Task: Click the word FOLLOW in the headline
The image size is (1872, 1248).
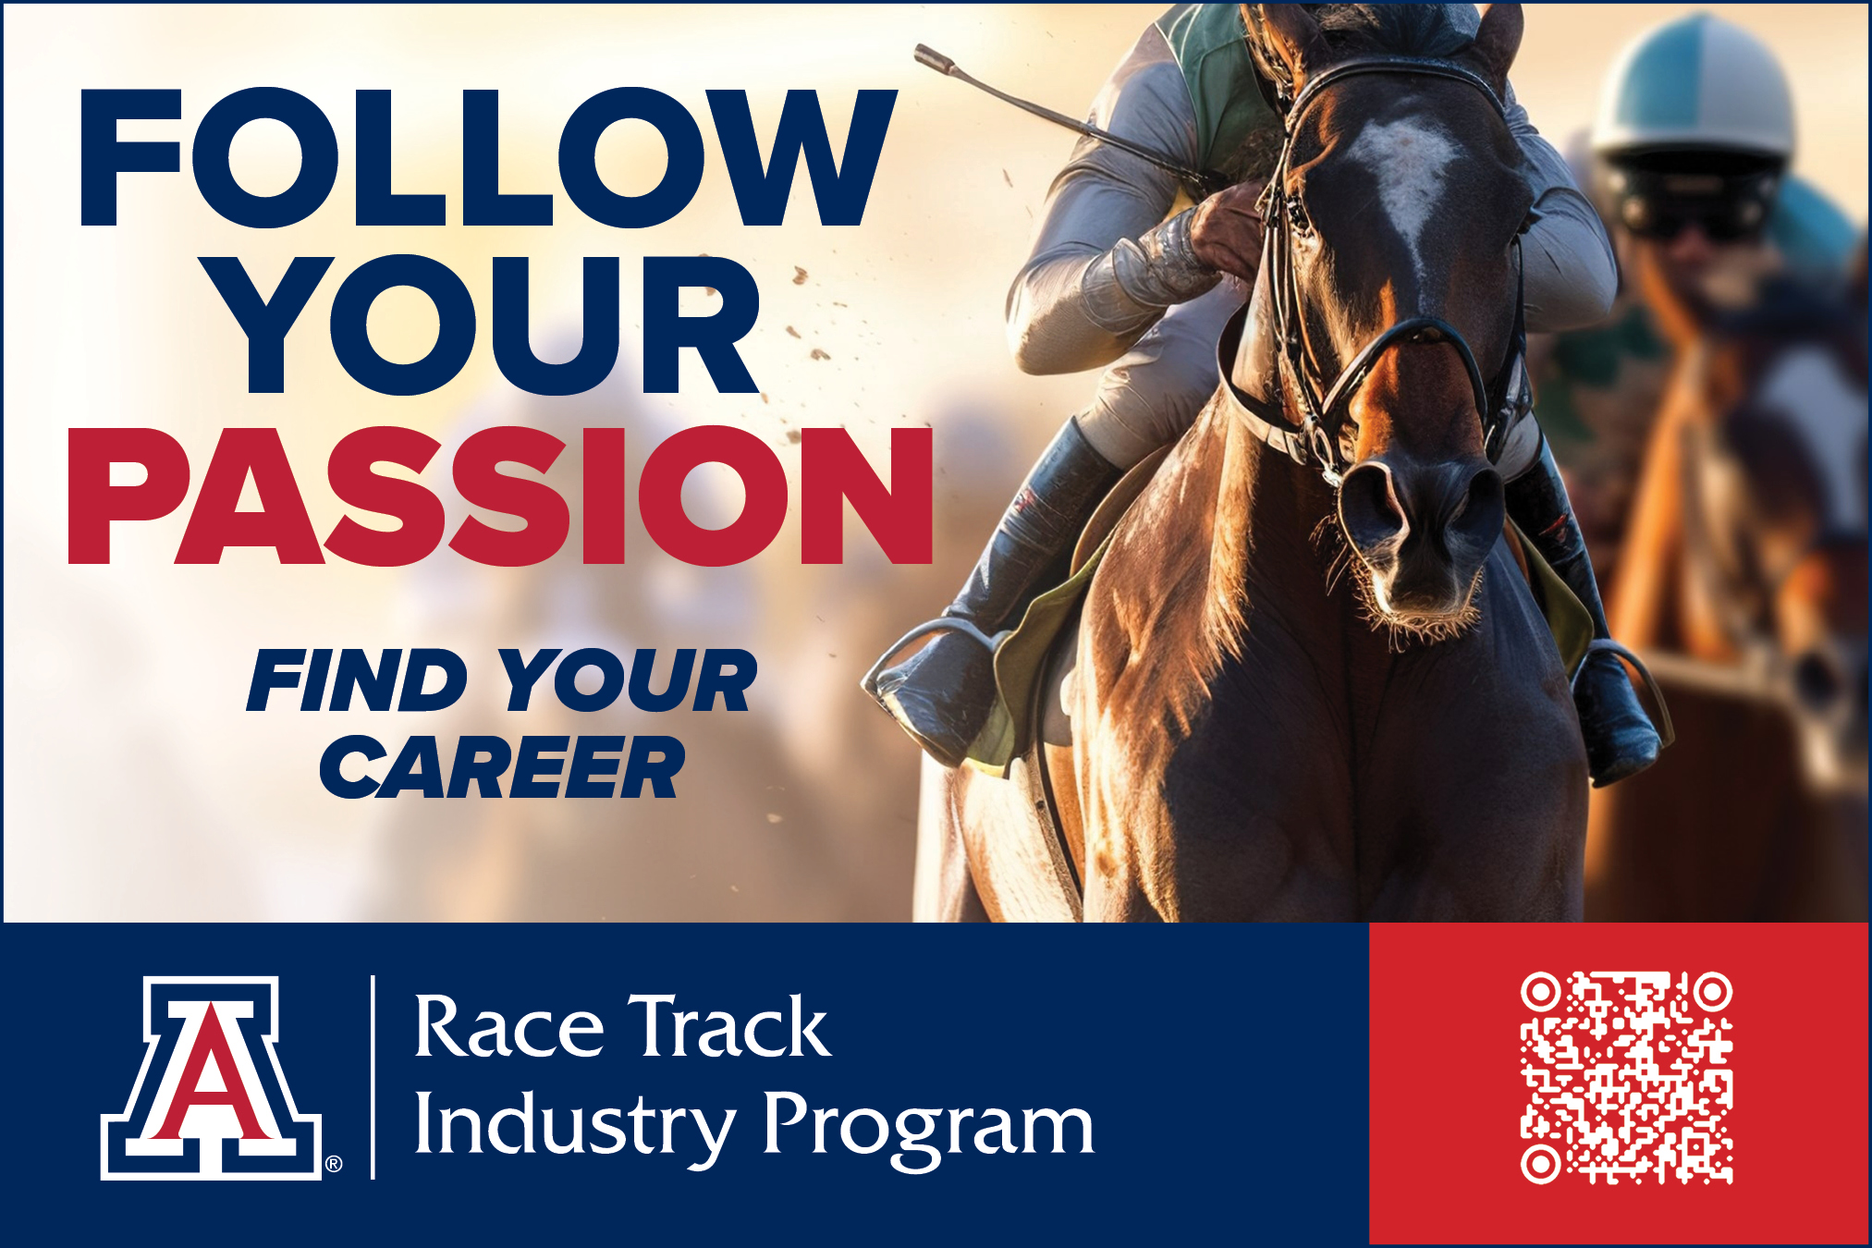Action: pos(488,157)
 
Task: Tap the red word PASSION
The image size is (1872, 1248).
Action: pos(500,496)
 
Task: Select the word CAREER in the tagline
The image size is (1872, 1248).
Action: pos(502,767)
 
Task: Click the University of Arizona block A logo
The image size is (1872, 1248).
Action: pos(212,1077)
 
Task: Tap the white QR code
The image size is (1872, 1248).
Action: pos(1626,1078)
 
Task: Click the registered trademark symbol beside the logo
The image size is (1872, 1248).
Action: pos(334,1164)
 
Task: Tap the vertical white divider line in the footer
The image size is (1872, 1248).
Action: pos(373,1077)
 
